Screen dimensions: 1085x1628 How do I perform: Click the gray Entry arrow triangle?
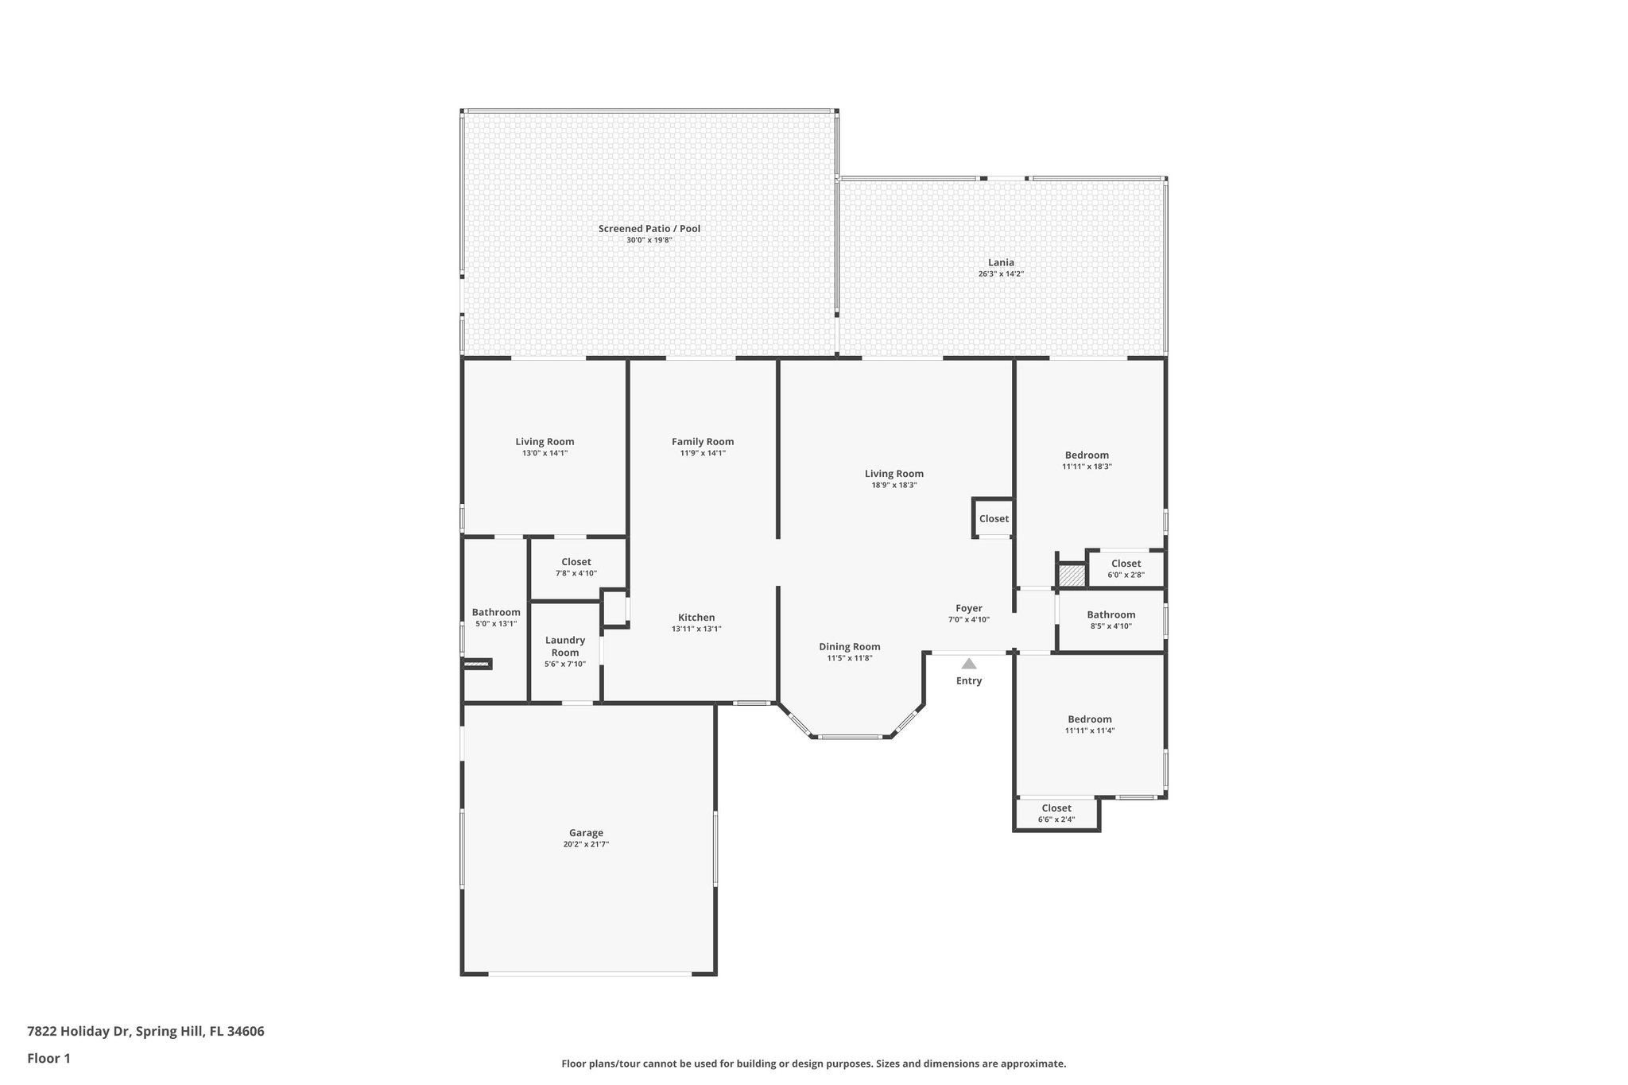[x=968, y=664]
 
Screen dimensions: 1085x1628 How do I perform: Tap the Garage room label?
[x=586, y=833]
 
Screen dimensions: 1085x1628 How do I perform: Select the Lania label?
[x=1001, y=262]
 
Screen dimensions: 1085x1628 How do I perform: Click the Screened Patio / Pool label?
[x=649, y=229]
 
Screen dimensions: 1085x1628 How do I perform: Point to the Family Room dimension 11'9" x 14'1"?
[x=703, y=453]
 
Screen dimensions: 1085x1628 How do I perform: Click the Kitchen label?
[x=696, y=618]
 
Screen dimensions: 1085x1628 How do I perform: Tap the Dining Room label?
[x=850, y=647]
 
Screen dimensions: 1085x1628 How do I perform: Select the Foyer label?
[x=968, y=608]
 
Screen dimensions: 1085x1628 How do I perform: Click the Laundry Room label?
[x=565, y=646]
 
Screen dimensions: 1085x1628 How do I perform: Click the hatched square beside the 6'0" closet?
[x=1071, y=575]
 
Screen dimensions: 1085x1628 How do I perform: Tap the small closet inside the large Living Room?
[x=994, y=518]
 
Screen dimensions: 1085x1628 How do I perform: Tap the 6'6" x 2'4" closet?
[x=1056, y=813]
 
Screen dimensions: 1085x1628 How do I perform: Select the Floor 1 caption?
[x=48, y=1058]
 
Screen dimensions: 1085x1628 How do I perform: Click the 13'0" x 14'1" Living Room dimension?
[x=545, y=453]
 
